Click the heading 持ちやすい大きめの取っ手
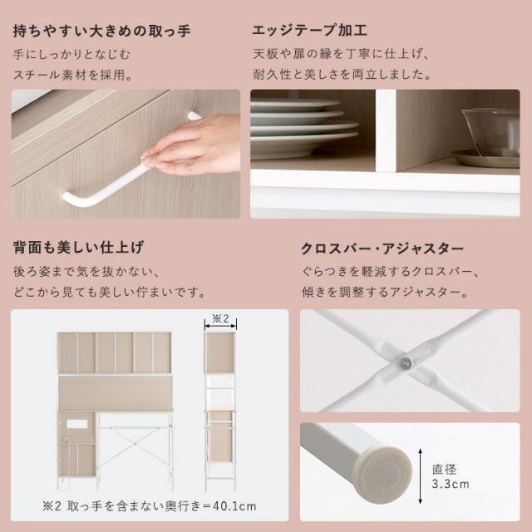102,32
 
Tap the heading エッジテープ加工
310,32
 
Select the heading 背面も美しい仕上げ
78,248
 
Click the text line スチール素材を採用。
73,75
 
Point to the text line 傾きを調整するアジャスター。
383,293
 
